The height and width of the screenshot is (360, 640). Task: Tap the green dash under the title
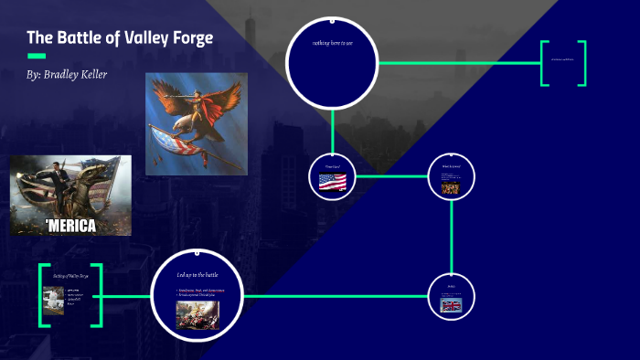(x=37, y=56)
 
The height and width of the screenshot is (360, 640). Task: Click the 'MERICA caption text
(x=70, y=225)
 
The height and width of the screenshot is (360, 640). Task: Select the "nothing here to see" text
(x=332, y=43)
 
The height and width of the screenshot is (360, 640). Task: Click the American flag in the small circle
(x=332, y=182)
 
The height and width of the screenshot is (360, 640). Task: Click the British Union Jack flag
(x=451, y=305)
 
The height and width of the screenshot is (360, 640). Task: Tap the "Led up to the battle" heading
(x=197, y=274)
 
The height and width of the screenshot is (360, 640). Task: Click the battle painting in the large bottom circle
(x=197, y=314)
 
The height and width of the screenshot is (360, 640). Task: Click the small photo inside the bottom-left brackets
(x=53, y=301)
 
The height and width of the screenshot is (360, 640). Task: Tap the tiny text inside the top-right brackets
(x=562, y=60)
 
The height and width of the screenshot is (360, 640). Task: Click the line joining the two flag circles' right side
(x=452, y=238)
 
